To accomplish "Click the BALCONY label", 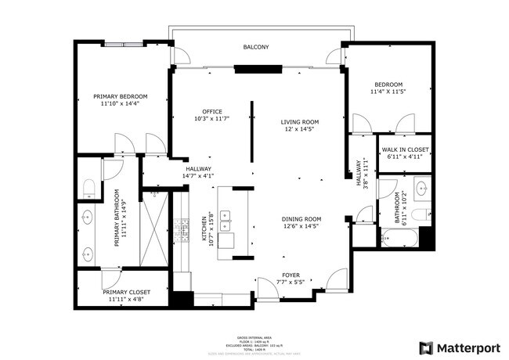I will click(255, 48).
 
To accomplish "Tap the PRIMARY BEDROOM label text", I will click(120, 97).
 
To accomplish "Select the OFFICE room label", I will click(212, 111).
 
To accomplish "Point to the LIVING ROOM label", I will click(300, 121).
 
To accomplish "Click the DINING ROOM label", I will click(302, 219).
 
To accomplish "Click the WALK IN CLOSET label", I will click(405, 149).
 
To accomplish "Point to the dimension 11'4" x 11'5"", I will click(388, 92).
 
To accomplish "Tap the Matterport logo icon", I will click(426, 347).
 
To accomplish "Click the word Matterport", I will click(468, 347).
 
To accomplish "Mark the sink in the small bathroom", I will click(421, 188).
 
